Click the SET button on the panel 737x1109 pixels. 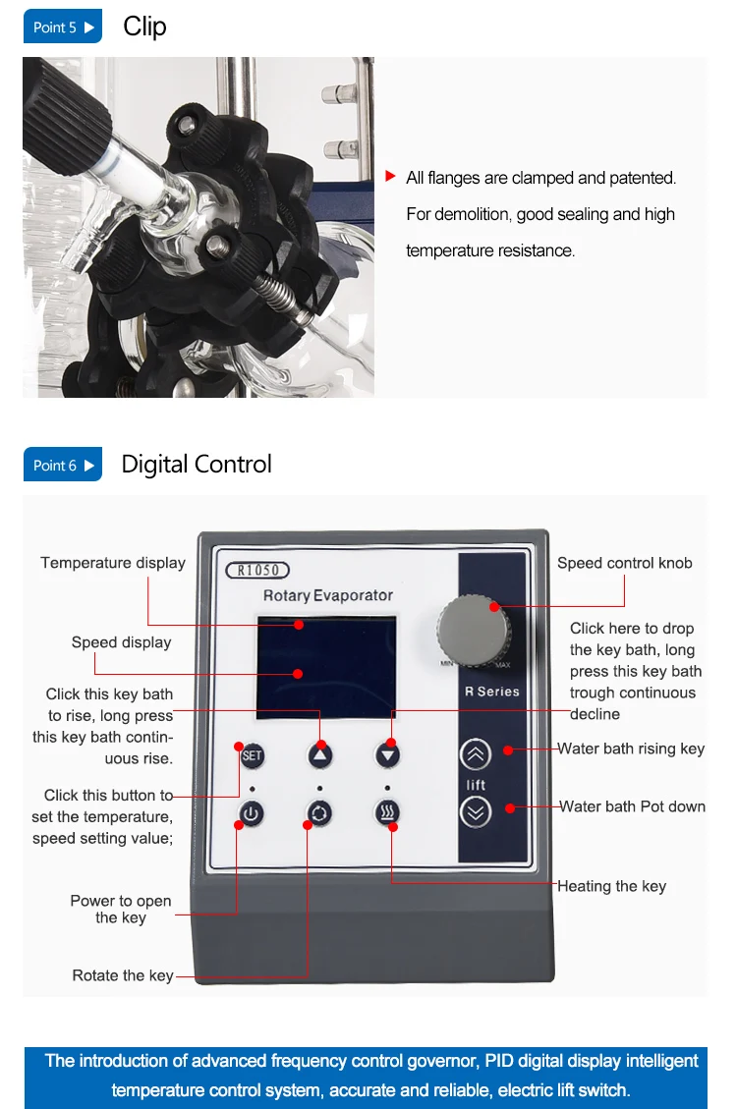[252, 756]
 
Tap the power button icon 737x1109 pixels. [251, 813]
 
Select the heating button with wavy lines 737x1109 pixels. [387, 812]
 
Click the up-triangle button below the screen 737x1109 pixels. [320, 756]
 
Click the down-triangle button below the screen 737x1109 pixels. [387, 755]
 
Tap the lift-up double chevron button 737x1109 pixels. [476, 754]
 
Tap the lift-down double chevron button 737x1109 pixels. [476, 812]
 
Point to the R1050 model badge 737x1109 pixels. [257, 570]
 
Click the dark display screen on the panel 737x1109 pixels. [326, 668]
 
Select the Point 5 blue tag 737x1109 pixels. [62, 27]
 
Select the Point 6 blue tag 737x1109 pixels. [62, 465]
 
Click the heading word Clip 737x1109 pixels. [145, 27]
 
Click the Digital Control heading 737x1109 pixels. [197, 464]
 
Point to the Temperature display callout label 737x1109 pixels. [113, 563]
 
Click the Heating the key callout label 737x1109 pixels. [612, 886]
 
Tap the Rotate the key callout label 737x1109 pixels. [123, 976]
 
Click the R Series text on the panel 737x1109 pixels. [492, 691]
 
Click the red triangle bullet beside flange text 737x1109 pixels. [390, 176]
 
